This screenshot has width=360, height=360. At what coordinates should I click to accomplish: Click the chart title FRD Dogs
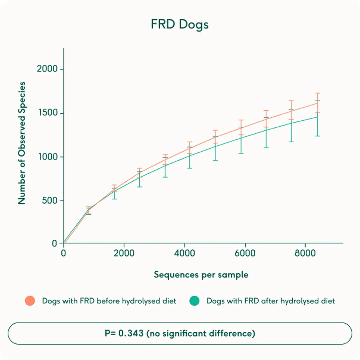coord(179,24)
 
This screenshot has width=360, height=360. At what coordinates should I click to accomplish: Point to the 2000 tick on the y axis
coord(47,69)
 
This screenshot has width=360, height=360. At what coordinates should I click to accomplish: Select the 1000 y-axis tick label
coord(48,157)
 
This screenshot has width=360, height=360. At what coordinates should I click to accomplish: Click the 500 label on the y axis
coord(49,201)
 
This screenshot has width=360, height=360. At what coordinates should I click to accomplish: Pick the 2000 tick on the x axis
coord(124,253)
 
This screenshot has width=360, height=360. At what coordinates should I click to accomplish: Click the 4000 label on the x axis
coord(184,253)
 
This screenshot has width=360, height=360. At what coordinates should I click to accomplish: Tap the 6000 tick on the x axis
coord(245,253)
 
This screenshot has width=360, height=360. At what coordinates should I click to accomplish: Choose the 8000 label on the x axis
coord(305,253)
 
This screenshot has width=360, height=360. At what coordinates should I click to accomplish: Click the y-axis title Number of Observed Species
coord(22,143)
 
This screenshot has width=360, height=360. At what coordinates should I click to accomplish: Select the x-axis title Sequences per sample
coord(201,275)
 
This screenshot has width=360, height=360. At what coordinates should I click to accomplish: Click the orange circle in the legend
coord(30,301)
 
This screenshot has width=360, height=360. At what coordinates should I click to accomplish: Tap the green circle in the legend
coord(194,301)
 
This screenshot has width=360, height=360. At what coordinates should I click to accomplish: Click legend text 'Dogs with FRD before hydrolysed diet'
coord(109,301)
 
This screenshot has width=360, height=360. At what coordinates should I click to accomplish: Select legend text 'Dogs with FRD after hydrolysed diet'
coord(271,301)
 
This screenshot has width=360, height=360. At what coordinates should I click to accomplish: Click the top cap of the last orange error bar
coord(318,93)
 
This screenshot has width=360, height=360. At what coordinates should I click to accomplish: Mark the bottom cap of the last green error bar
coord(318,136)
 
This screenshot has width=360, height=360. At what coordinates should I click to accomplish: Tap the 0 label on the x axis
coord(64,253)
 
